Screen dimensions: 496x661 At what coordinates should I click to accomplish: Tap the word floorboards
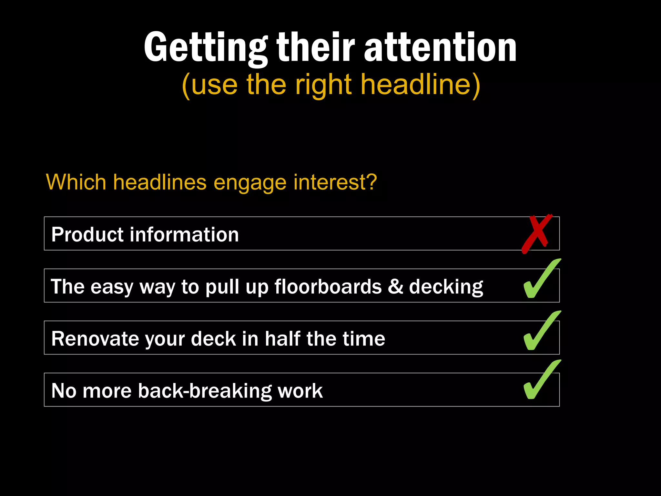pos(328,286)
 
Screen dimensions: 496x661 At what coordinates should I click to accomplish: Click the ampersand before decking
pos(395,286)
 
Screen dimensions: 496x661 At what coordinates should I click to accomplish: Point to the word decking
pos(446,287)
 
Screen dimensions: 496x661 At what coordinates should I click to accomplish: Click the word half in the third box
pos(283,339)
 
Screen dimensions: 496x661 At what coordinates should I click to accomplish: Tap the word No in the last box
pos(64,391)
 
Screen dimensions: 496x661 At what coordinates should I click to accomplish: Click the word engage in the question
pos(250,183)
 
